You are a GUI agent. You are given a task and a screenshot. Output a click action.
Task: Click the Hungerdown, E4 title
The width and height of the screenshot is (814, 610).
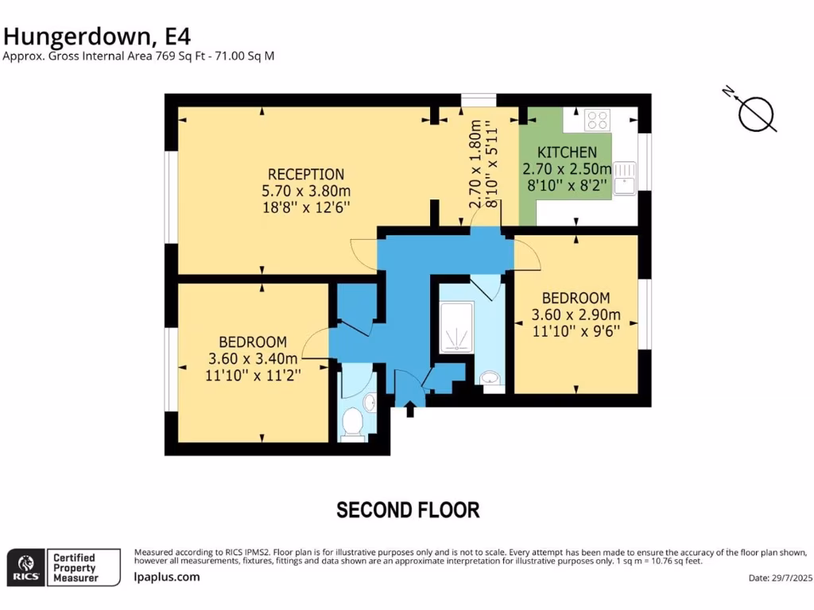pos(97,36)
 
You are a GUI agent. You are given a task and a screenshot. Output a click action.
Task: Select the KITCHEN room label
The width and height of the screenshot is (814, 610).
pos(567,152)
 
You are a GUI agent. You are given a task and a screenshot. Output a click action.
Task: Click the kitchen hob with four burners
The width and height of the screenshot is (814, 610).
pos(597,120)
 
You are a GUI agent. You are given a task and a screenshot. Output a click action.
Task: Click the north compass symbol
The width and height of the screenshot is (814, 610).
pos(755,113)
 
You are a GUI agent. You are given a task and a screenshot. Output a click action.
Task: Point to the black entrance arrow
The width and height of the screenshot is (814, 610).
pos(410,410)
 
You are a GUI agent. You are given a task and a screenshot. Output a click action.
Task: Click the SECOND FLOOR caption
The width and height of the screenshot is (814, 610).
pos(408,510)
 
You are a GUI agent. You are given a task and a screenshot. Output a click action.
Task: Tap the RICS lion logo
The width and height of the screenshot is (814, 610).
pos(25,567)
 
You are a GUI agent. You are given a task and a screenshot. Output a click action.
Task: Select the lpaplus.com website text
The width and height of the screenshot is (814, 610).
pos(167,577)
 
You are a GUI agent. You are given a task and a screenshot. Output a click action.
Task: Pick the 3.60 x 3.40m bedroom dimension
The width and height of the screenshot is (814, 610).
pos(253,358)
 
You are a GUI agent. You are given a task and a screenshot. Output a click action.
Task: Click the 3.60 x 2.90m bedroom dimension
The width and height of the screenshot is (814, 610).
pos(576,315)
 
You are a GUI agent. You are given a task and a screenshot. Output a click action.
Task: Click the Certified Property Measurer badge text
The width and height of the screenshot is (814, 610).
pos(74,568)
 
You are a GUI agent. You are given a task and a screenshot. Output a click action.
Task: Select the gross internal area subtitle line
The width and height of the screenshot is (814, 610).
pos(139,56)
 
